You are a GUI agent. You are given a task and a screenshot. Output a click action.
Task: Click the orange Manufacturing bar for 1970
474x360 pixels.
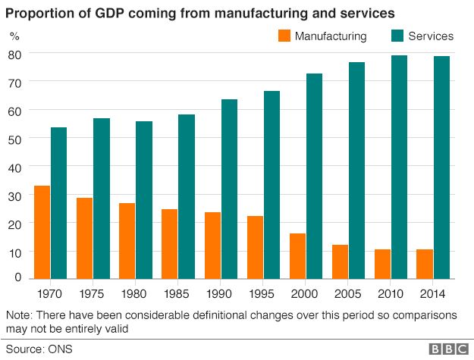42,233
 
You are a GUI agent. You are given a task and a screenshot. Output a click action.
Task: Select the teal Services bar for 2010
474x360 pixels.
399,167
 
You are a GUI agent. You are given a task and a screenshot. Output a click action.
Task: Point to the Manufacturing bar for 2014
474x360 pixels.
425,264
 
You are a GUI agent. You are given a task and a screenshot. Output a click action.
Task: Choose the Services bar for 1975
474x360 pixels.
102,199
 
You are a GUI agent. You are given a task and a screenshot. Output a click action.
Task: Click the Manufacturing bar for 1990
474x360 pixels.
212,246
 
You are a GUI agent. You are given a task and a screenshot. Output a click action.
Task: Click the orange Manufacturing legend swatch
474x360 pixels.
284,36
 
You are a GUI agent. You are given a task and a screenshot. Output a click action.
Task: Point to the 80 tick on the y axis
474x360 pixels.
15,54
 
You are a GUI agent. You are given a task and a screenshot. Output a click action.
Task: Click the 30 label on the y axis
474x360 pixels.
15,195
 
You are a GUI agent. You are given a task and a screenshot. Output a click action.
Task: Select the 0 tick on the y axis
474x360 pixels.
18,278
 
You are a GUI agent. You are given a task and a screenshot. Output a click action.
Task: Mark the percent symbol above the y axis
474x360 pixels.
14,36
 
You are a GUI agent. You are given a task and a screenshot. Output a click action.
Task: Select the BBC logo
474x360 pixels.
449,349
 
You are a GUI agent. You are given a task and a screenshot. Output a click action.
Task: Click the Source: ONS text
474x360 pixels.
34,349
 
